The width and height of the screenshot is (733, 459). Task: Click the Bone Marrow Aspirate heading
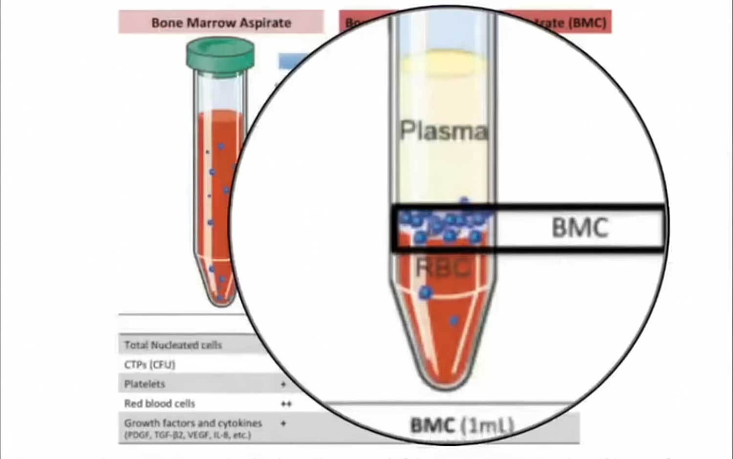point(221,22)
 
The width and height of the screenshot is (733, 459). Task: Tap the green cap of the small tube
point(220,54)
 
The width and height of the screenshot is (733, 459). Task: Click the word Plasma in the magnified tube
point(444,131)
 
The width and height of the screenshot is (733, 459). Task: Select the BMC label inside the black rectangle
point(580,228)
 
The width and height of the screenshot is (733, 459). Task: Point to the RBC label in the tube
point(443,267)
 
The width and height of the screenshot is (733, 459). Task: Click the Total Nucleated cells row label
point(173,345)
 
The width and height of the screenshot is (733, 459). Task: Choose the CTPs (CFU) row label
point(150,365)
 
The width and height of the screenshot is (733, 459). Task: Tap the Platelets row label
point(145,384)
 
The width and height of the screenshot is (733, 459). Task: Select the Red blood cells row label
point(159,404)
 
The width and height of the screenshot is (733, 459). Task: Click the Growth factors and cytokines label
point(193,423)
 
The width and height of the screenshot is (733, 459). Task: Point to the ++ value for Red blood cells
point(286,404)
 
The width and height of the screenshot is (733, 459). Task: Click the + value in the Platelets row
point(283,384)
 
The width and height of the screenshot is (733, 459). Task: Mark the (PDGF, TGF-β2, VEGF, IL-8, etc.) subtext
point(188,435)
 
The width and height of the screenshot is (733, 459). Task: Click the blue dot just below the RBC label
point(425,292)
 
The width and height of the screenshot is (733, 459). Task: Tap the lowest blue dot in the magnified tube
point(454,320)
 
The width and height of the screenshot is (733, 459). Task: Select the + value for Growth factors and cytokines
point(283,423)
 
